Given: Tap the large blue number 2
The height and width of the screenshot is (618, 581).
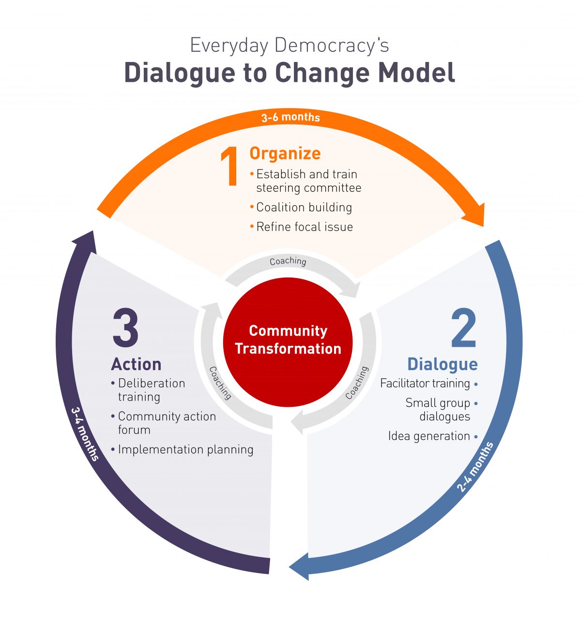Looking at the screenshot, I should click(x=463, y=328).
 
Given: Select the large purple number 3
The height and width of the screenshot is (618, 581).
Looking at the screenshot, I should click(x=125, y=328).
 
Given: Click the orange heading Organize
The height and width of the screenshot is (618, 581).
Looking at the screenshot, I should click(x=285, y=154).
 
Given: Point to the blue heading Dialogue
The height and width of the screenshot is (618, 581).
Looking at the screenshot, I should click(x=442, y=364).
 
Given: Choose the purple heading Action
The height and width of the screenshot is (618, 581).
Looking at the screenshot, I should click(x=136, y=364).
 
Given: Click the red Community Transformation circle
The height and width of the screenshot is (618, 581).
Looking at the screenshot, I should click(x=288, y=341).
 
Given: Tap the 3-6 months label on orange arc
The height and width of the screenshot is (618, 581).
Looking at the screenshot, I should click(x=290, y=117).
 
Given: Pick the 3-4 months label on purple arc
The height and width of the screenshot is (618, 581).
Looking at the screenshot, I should click(x=85, y=434).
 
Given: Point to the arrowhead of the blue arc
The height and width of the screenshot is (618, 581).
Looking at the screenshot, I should click(x=300, y=566).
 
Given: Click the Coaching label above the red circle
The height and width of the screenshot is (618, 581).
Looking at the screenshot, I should click(x=288, y=261).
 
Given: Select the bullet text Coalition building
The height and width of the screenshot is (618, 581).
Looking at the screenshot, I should click(x=304, y=207).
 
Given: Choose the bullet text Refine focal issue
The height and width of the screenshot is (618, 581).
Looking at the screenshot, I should click(x=304, y=227).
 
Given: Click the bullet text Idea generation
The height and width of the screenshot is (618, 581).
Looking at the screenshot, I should click(x=429, y=436).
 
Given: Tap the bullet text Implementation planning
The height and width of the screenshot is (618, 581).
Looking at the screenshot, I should click(x=185, y=449).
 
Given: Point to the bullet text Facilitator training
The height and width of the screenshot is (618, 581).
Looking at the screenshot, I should click(x=425, y=384).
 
